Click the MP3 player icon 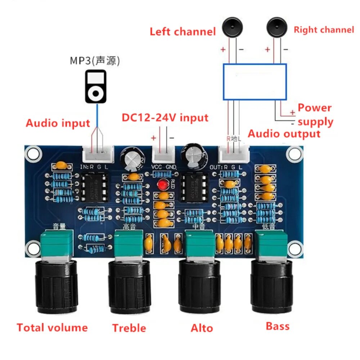(x=95, y=87)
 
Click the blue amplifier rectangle (x=255, y=82)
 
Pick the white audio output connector (x=234, y=154)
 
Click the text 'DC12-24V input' (x=165, y=118)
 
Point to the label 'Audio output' (x=284, y=134)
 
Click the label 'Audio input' (x=58, y=123)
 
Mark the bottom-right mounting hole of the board (x=295, y=248)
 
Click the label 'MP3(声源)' (x=95, y=60)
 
